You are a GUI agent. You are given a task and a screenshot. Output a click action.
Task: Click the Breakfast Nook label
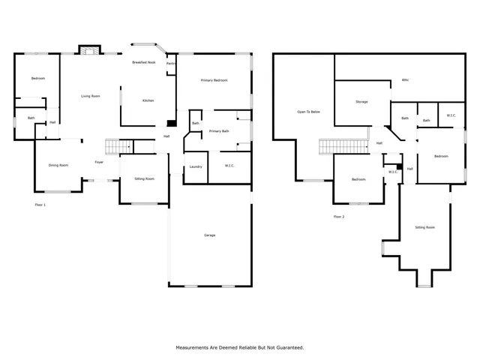(143, 62)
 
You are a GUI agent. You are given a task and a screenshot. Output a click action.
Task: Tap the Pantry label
(171, 63)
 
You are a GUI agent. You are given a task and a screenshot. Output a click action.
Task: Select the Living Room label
(91, 96)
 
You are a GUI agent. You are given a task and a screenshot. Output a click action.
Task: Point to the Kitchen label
(148, 100)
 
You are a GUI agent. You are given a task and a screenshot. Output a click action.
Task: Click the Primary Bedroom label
(213, 80)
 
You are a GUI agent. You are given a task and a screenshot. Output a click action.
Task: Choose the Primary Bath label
(219, 131)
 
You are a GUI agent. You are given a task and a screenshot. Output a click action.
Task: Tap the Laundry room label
(196, 166)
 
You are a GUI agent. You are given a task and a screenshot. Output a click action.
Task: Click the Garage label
(210, 235)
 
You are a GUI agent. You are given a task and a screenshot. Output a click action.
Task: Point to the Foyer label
(98, 162)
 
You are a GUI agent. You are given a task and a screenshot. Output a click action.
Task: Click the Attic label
(405, 79)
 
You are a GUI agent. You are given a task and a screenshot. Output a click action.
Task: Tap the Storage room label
(361, 101)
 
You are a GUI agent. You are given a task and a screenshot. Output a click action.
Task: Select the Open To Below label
(308, 112)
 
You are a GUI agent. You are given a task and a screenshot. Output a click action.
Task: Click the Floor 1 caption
(40, 205)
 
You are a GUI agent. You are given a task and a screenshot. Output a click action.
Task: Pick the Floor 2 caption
(339, 217)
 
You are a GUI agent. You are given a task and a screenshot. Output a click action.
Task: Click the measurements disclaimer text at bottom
(239, 347)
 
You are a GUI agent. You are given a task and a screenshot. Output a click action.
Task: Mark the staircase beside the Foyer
(117, 146)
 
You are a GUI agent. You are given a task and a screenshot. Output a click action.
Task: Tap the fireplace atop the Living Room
(88, 49)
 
